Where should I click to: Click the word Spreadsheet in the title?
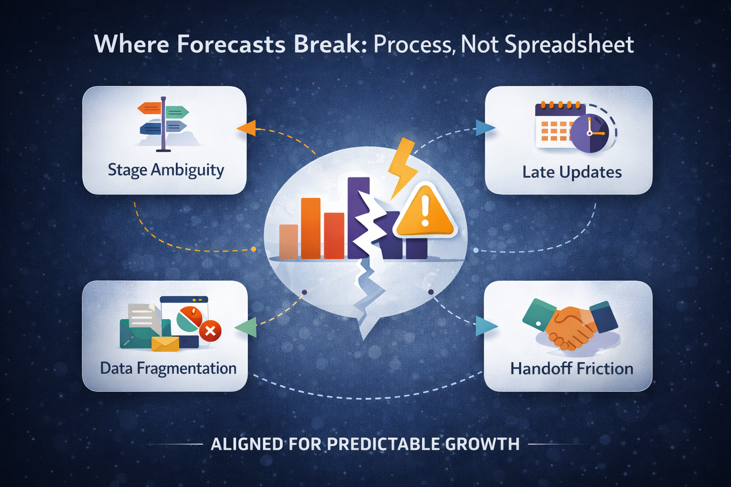point(569,45)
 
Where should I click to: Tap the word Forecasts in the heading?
point(231,44)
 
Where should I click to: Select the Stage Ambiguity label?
point(166,170)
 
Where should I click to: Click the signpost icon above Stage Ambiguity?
point(164,124)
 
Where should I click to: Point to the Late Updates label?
point(572,172)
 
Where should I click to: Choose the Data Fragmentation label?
point(168,369)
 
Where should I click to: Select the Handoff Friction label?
point(572,369)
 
